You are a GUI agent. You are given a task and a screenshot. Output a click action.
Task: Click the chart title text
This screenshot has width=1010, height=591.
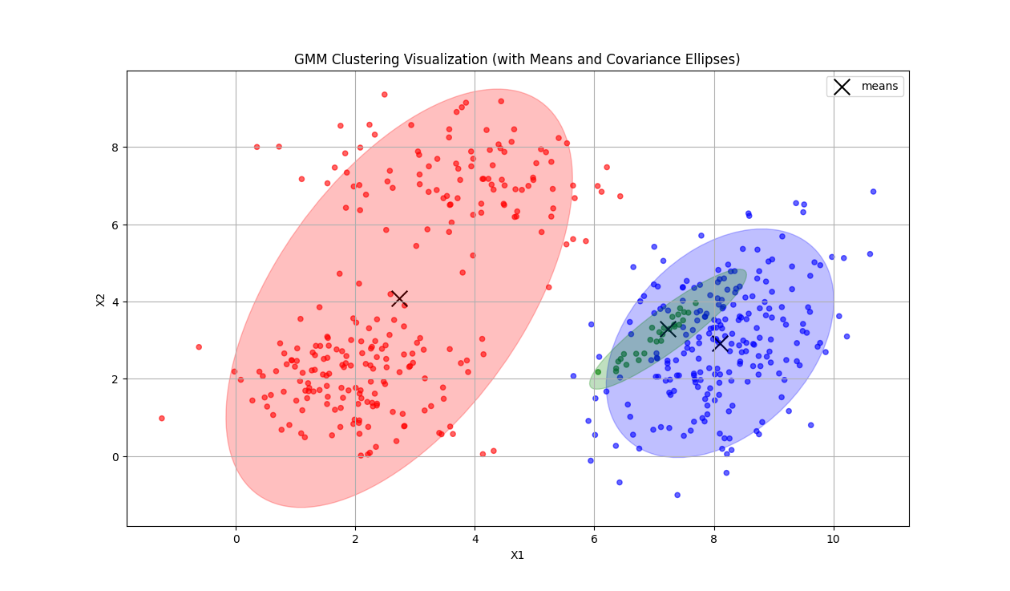[517, 59]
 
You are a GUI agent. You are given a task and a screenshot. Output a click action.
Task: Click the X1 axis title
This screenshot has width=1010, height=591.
[517, 555]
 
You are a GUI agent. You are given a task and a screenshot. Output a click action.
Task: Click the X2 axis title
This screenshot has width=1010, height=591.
[101, 299]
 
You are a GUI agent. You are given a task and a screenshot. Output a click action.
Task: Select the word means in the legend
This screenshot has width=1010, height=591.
[879, 86]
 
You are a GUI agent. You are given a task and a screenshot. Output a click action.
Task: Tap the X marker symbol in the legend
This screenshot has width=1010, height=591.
[842, 87]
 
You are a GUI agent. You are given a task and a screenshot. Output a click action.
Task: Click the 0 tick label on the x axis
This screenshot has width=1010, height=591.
[236, 540]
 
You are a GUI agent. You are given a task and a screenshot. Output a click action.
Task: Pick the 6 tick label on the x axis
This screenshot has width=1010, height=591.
[594, 540]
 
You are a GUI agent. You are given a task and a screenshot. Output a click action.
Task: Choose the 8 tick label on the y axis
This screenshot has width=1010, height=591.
[115, 148]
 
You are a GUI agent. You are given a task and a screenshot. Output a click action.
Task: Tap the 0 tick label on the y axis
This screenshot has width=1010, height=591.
[115, 456]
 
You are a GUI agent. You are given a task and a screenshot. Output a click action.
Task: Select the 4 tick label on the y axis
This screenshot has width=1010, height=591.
[115, 302]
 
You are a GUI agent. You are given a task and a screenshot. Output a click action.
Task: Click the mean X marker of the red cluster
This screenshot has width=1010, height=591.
[398, 298]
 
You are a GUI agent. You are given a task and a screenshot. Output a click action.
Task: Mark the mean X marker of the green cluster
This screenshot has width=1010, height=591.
[668, 329]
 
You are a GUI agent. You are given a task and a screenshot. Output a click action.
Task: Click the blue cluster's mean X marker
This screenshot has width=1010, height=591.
[720, 343]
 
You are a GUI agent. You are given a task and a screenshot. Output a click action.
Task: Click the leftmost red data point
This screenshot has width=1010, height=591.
[161, 418]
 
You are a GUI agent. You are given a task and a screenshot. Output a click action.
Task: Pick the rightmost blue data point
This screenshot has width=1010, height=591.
[873, 192]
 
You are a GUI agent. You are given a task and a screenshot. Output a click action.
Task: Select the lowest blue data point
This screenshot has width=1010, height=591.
[677, 495]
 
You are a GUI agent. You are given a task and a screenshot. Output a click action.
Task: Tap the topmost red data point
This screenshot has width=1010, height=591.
[384, 95]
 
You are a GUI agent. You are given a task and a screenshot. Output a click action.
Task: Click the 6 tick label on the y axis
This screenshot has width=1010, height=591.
[115, 225]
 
